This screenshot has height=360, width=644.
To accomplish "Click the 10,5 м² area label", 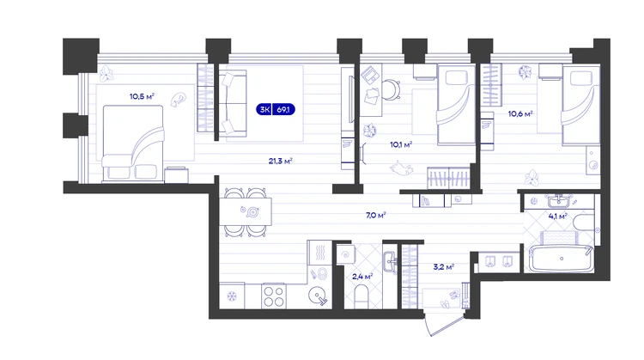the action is click(x=142, y=96).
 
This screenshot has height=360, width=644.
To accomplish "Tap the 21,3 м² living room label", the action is click(x=281, y=161).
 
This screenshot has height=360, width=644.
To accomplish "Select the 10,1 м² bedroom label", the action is click(x=401, y=144).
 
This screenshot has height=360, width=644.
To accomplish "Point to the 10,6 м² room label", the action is click(x=520, y=113).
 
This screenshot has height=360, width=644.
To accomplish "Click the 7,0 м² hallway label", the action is click(x=376, y=215).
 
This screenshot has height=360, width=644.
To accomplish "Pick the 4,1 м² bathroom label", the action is click(x=558, y=217).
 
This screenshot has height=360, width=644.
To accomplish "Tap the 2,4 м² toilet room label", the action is click(x=362, y=277).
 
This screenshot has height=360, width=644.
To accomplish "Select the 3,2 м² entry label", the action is click(x=444, y=267).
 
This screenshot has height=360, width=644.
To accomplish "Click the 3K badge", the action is click(x=265, y=110).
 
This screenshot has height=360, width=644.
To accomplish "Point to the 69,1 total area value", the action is click(x=283, y=110).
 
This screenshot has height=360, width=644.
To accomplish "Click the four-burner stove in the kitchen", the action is click(x=274, y=296).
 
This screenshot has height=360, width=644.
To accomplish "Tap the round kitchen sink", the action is click(x=317, y=294).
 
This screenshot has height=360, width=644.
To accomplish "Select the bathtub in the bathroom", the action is click(x=562, y=259).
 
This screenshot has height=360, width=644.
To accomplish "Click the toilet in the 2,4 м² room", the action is click(x=361, y=297).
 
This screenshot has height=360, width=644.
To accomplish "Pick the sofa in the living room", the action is click(x=233, y=104).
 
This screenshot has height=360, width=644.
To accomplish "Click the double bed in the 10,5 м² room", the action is click(x=132, y=143).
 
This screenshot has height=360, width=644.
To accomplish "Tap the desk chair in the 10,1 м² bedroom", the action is click(x=392, y=89).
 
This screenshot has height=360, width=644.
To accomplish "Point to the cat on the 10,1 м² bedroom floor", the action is click(x=401, y=168).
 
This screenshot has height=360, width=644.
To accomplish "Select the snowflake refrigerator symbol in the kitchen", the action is click(x=232, y=296).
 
